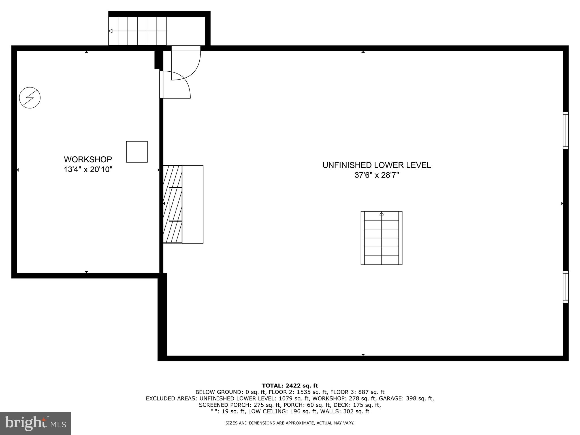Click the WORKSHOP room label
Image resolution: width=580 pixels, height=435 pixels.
[x=88, y=159]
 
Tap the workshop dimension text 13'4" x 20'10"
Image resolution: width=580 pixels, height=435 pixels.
[x=88, y=170]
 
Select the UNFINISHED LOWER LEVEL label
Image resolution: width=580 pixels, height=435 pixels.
[x=377, y=165]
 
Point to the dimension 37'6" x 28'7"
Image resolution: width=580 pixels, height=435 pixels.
[x=377, y=175]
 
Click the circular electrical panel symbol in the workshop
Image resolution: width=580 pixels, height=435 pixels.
[x=30, y=98]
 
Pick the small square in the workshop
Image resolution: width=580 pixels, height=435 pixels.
[x=137, y=152]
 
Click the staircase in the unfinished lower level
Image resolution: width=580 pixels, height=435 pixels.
[x=381, y=238]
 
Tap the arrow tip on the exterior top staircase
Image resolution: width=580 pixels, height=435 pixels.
[x=110, y=31]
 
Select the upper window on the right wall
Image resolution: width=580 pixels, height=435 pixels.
[x=565, y=130]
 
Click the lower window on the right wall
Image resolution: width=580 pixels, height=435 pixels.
[x=565, y=287]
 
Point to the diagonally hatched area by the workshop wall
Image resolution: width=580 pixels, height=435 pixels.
[x=172, y=204]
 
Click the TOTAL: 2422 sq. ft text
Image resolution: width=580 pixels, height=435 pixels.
[x=290, y=385]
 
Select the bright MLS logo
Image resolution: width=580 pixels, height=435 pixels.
[x=35, y=423]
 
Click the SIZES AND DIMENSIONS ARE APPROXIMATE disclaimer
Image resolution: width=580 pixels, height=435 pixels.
[x=290, y=423]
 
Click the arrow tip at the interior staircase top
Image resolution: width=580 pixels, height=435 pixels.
[x=381, y=214]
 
